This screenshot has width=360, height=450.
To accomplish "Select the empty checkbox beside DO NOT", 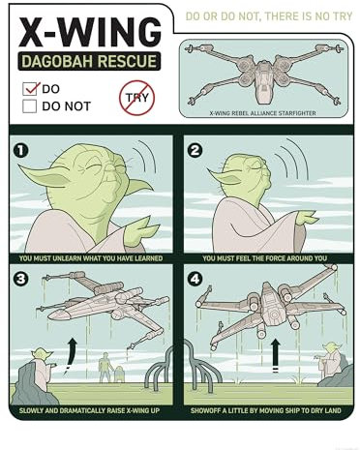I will tap(30, 106).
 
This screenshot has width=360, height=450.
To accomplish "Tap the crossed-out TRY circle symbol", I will tap(136, 97).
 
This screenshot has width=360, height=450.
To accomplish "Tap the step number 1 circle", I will tap(21, 150).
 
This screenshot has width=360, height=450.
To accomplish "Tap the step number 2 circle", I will tap(195, 150).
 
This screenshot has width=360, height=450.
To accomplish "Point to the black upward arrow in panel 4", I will tap(275, 355).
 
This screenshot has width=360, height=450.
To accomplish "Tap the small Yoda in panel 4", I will tap(330, 365).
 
